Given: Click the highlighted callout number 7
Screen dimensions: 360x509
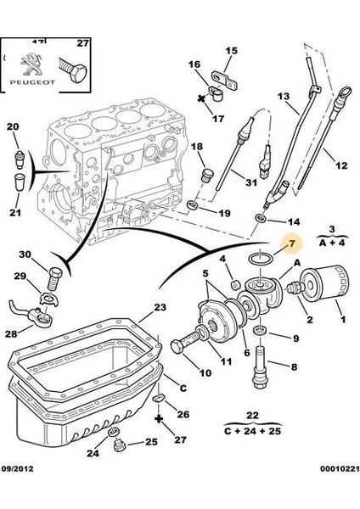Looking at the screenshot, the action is pyautogui.click(x=292, y=243).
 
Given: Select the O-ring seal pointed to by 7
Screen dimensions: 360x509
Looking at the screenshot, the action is pyautogui.click(x=261, y=259).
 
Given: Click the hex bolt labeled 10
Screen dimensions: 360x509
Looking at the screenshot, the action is pyautogui.click(x=186, y=343).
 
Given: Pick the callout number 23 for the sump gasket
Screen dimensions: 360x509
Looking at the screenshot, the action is pyautogui.click(x=160, y=307).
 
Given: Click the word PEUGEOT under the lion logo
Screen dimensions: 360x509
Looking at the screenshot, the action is pyautogui.click(x=32, y=82).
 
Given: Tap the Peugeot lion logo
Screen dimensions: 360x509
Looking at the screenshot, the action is pyautogui.click(x=31, y=64).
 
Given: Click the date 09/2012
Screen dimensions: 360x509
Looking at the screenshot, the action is pyautogui.click(x=18, y=469).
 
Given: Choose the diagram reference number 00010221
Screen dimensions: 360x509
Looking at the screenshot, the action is pyautogui.click(x=340, y=469).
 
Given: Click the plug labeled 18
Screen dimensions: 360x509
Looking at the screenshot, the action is pyautogui.click(x=205, y=176).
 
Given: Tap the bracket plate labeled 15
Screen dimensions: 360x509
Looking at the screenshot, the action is pyautogui.click(x=225, y=80).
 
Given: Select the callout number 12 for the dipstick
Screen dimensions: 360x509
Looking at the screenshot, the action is pyautogui.click(x=341, y=165).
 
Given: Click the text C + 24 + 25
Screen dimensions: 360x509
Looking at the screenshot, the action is pyautogui.click(x=252, y=431).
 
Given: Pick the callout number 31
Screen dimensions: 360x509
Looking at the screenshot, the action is pyautogui.click(x=250, y=182).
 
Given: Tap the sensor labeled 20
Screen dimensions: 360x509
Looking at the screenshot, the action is pyautogui.click(x=20, y=159).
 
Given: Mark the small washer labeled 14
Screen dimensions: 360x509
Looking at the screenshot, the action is pyautogui.click(x=261, y=218).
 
